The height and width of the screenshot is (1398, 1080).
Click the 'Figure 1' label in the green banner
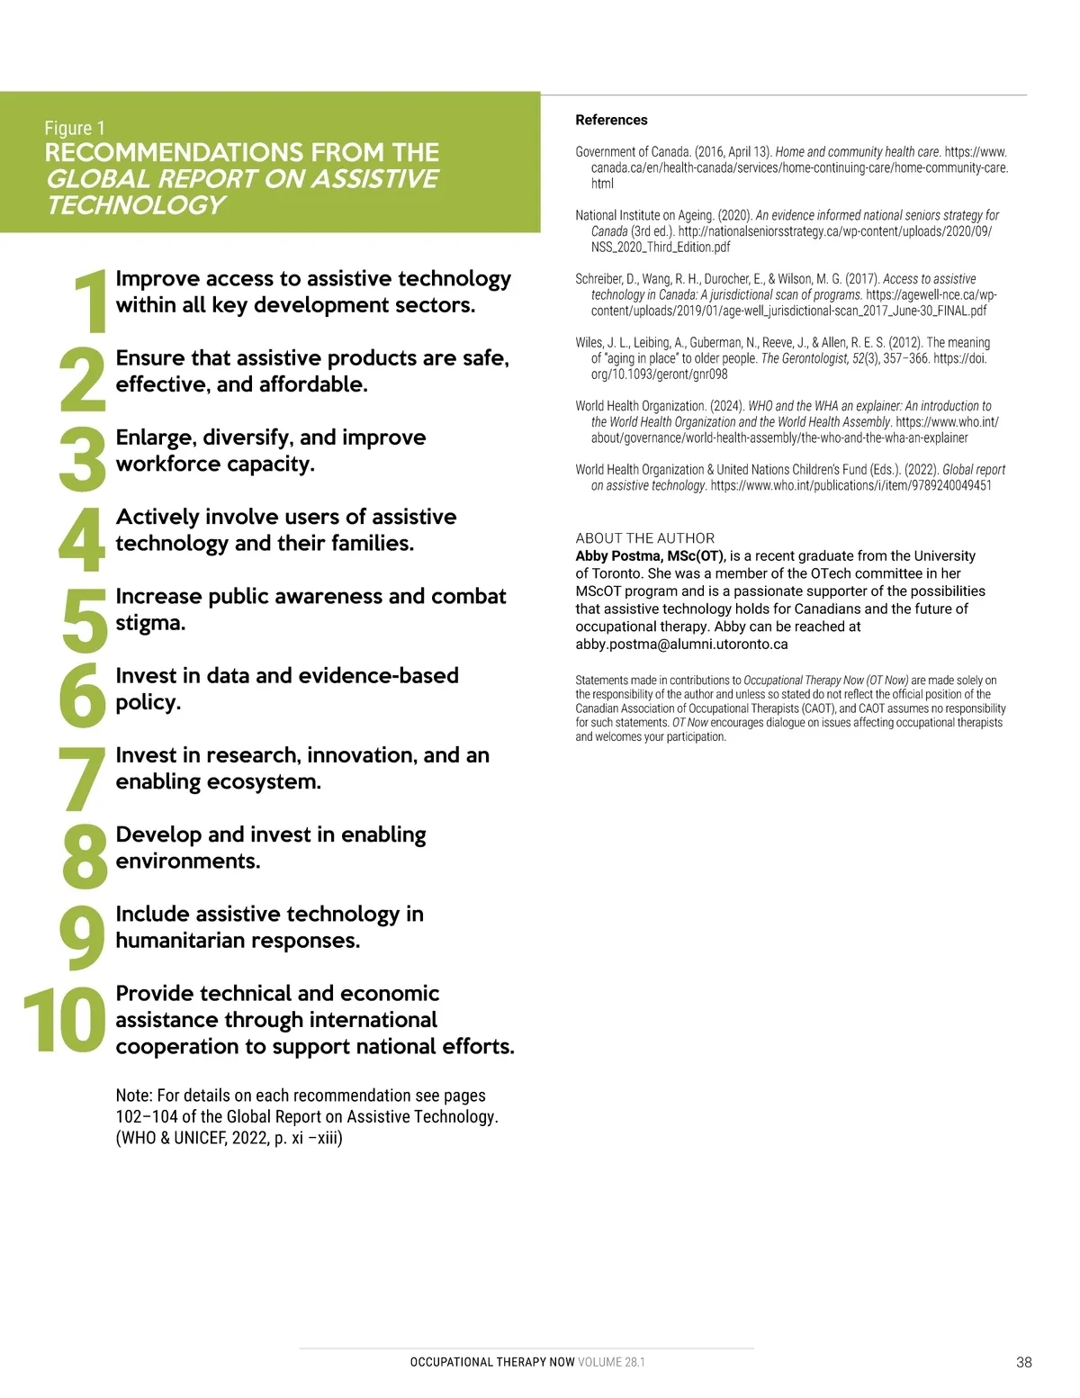75,128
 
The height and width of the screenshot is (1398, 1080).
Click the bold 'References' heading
611,120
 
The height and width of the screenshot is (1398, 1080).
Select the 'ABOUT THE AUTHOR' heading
644,537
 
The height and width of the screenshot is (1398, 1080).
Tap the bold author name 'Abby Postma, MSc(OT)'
650,555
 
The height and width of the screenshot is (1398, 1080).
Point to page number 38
1023,1362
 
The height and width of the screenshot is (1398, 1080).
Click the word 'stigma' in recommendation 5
148,623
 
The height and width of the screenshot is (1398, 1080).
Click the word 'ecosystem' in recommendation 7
265,781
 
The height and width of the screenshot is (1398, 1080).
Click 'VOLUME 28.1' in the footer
611,1362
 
